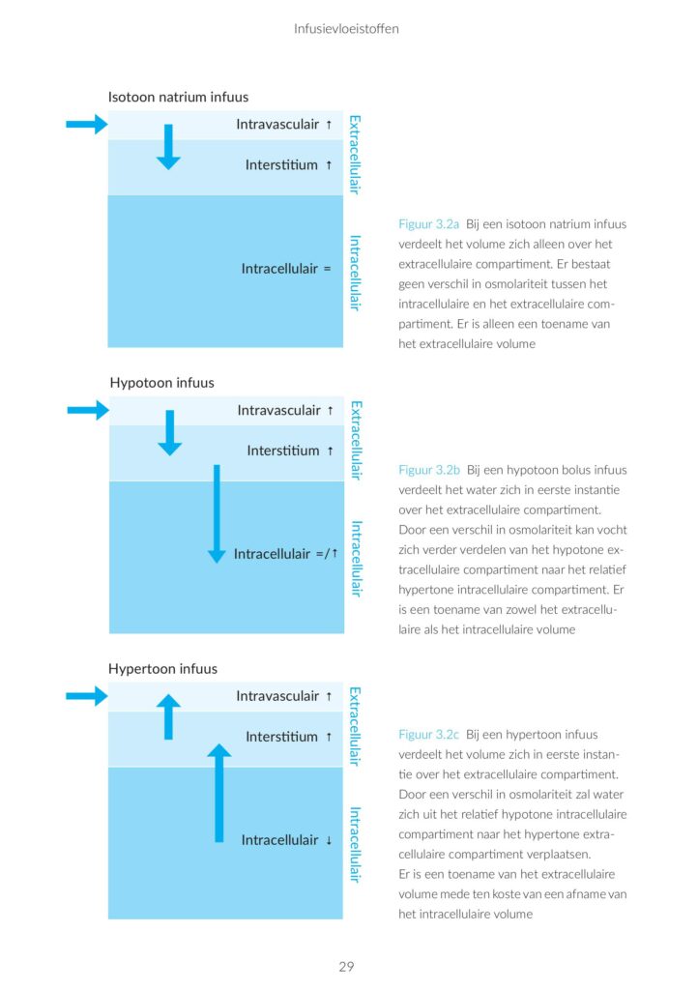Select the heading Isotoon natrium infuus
point(178,97)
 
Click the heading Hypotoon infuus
point(162,383)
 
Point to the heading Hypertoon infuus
point(162,669)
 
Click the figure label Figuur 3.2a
point(429,223)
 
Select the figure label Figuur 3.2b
point(429,470)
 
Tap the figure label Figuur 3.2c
point(429,735)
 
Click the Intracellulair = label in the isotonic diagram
point(286,269)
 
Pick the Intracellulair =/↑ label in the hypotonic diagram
point(285,554)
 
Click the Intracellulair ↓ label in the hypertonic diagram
point(286,840)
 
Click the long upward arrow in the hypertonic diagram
point(219,793)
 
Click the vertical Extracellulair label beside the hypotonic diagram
point(356,440)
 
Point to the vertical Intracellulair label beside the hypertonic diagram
point(356,844)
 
